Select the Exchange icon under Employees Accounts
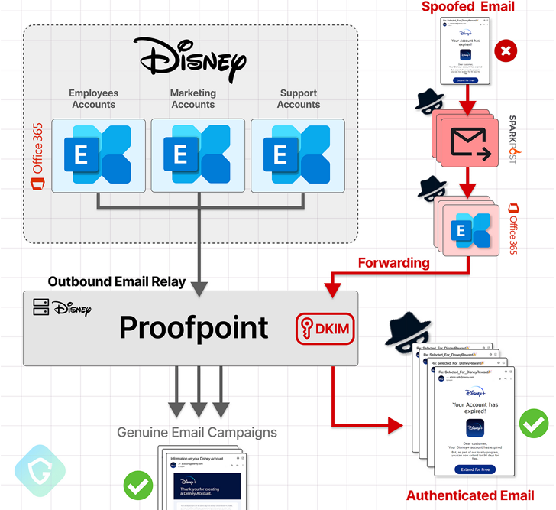[x=98, y=154]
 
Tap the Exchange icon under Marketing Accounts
[x=198, y=154]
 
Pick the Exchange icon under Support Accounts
[x=298, y=154]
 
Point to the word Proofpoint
[x=194, y=328]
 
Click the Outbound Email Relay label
[x=117, y=281]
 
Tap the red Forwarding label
[x=394, y=263]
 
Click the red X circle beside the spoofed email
[x=506, y=51]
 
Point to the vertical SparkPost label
[x=512, y=141]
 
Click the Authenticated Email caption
[x=470, y=495]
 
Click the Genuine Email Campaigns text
[x=197, y=433]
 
